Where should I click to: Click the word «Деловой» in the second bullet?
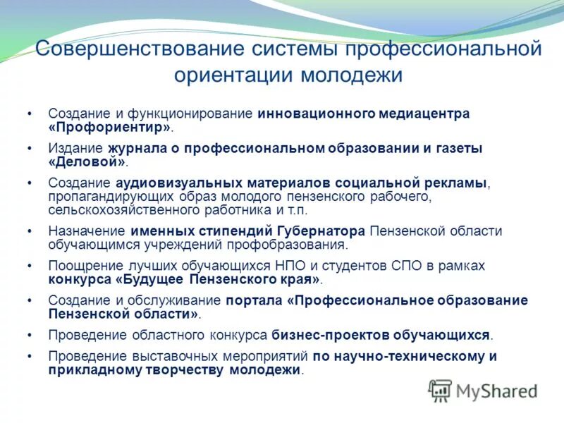pyautogui.click(x=86, y=161)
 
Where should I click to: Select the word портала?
pyautogui.click(x=255, y=300)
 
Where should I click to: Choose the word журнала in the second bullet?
pyautogui.click(x=134, y=148)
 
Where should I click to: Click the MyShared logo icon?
pyautogui.click(x=441, y=391)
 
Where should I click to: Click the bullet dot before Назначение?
pyautogui.click(x=30, y=231)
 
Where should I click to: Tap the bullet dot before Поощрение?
pyautogui.click(x=30, y=266)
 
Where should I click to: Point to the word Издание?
pyautogui.click(x=75, y=148)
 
